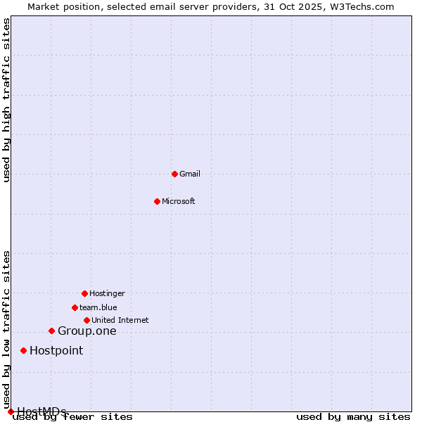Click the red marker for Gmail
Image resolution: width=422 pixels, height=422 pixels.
pos(174,174)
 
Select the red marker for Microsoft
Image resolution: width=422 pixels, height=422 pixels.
pos(157,201)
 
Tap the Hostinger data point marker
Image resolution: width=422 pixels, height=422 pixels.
pos(84,293)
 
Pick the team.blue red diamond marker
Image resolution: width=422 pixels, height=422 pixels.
pos(75,307)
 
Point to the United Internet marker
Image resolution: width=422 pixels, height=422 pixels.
pos(87,320)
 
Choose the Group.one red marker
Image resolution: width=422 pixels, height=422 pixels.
pos(51,331)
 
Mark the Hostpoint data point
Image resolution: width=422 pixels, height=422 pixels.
pos(23,350)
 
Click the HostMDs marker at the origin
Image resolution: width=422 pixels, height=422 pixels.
pos(11,411)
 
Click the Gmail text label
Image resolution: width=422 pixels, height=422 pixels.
pos(190,174)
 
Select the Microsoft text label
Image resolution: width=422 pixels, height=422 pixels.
pos(179,201)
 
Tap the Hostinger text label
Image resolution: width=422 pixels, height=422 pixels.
pos(107,293)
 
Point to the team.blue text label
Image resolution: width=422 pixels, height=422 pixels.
pos(98,307)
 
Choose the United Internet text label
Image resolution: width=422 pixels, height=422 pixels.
pos(120,320)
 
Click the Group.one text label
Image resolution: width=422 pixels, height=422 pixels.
pos(87,331)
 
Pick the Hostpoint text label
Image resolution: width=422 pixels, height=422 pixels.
pos(56,351)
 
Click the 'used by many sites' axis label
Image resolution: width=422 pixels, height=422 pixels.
pos(353,416)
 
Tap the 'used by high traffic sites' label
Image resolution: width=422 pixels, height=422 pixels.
pos(6,100)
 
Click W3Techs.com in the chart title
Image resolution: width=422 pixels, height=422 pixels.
pos(359,6)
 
